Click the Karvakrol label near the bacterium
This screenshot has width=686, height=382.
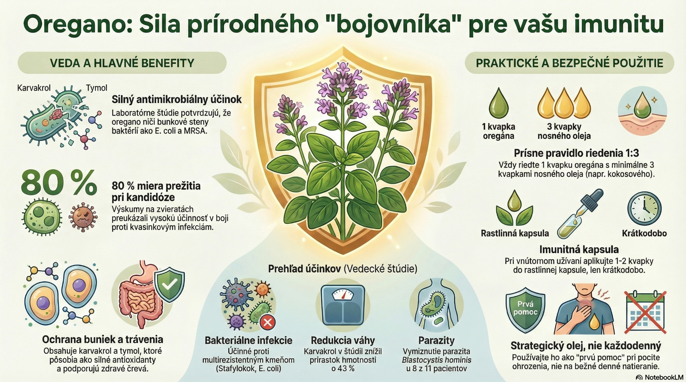click(34, 88)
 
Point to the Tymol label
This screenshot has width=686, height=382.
click(96, 88)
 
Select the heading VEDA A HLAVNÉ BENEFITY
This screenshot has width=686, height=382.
click(122, 63)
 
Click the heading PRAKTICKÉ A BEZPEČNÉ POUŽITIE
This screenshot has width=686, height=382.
click(570, 63)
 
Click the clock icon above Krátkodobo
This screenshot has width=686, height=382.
click(644, 209)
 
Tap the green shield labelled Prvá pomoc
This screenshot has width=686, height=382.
click(525, 309)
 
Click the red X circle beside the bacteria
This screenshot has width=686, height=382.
click(267, 323)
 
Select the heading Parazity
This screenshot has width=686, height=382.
click(437, 340)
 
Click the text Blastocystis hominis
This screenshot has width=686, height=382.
click(437, 360)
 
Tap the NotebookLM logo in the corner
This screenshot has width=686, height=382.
click(660, 377)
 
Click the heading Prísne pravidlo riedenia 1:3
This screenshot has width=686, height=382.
click(576, 153)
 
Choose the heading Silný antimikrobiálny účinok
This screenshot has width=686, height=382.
click(177, 99)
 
